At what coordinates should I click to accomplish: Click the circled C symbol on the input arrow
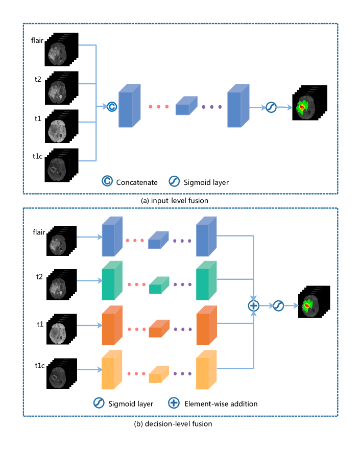(112, 106)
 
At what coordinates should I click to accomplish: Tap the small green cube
(159, 286)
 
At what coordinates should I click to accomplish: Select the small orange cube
(158, 329)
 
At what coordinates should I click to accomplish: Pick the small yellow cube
(159, 374)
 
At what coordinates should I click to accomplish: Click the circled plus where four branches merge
(253, 305)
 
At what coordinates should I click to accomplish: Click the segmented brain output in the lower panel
(310, 306)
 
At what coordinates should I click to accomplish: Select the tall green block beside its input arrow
(112, 281)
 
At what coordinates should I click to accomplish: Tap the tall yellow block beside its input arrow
(112, 370)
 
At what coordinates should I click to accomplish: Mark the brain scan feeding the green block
(58, 287)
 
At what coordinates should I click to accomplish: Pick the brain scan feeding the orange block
(58, 333)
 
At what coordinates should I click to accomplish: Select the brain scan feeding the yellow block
(58, 377)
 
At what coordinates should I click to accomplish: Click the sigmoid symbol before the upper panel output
(271, 107)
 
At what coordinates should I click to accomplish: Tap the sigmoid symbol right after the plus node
(278, 305)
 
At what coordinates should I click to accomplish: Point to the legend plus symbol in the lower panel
(174, 403)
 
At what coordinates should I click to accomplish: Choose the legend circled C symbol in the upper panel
(107, 181)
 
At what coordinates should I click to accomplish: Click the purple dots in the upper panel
(211, 107)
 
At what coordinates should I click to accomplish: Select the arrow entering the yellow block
(89, 369)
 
